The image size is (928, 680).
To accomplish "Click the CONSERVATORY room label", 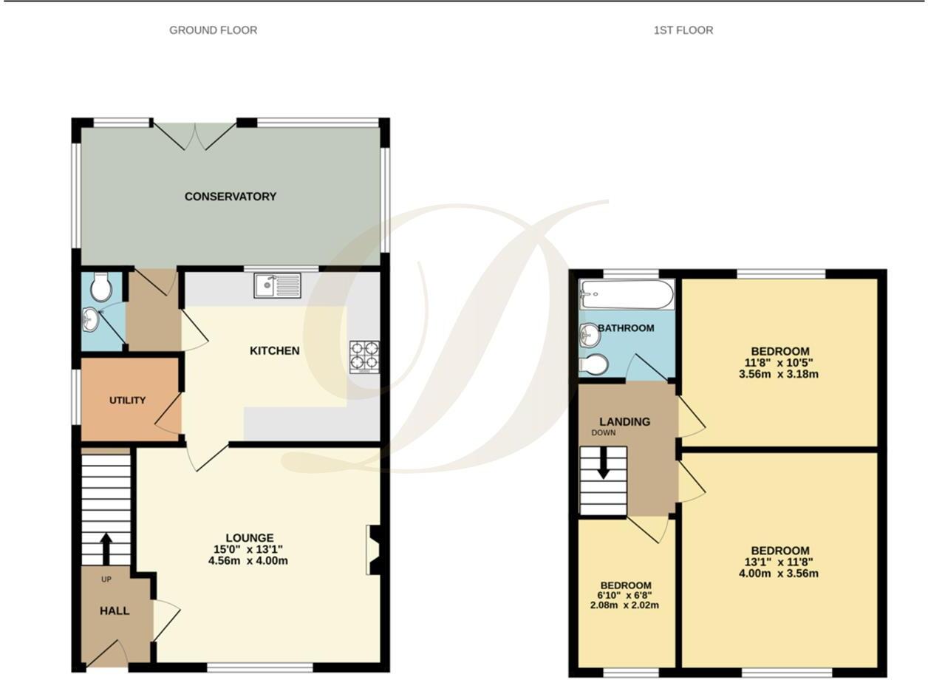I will tap(231, 197).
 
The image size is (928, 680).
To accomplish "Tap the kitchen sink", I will tap(277, 285).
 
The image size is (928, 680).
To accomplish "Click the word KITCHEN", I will tap(274, 350).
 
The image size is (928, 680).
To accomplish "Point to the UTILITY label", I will tap(128, 400).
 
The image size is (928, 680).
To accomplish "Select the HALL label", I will tap(115, 611).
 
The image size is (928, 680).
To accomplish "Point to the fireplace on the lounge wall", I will tap(373, 549).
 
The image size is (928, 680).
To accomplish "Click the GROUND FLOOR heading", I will tap(214, 30).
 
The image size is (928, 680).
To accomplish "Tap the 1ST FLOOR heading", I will tap(683, 30).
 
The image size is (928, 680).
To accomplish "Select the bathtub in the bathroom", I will tap(627, 295).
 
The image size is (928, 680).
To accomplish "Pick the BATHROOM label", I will tap(626, 328).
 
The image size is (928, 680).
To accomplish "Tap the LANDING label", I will tap(625, 422).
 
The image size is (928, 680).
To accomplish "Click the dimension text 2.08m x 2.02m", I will tap(626, 605).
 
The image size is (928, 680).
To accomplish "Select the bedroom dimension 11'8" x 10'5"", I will tap(779, 363).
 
